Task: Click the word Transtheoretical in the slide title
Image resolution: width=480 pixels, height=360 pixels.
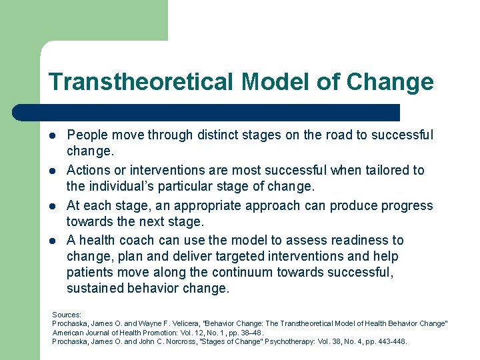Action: pyautogui.click(x=141, y=82)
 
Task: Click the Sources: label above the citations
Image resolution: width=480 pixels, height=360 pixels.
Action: pyautogui.click(x=67, y=314)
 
